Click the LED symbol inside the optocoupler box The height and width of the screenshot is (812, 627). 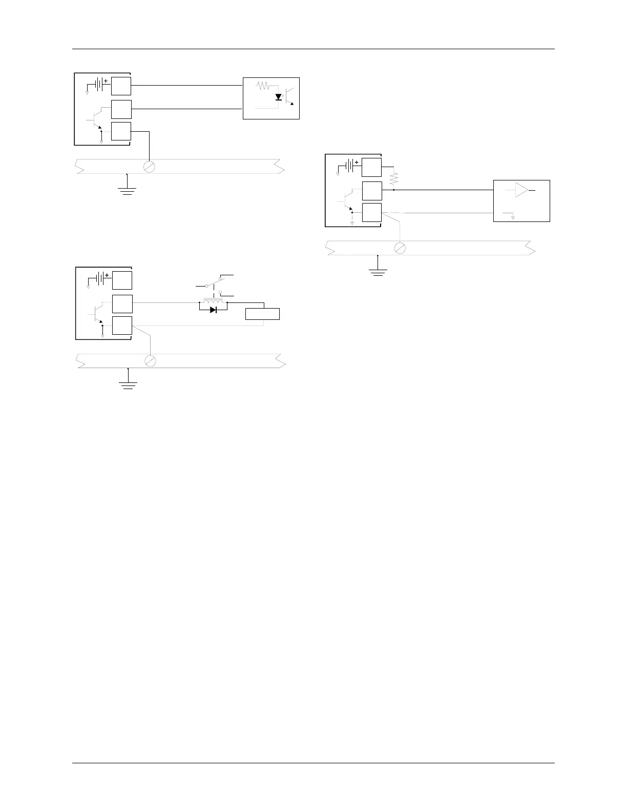point(279,97)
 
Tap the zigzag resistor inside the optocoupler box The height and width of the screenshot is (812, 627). point(262,86)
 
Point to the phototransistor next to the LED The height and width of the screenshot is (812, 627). point(290,97)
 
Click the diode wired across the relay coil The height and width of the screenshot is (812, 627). point(213,310)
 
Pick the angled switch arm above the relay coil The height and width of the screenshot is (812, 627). point(214,281)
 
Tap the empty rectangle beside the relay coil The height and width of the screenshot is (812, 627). point(262,314)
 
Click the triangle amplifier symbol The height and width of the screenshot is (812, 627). point(521,190)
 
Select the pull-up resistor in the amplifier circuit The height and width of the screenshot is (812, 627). point(394,178)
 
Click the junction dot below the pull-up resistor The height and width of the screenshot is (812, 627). point(394,190)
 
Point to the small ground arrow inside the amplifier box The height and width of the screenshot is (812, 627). point(513,217)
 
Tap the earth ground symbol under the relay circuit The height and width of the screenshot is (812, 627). point(128,383)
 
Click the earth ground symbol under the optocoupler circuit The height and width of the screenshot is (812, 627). point(127,190)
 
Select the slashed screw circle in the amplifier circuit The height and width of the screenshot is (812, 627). point(401,248)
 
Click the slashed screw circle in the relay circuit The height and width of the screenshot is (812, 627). point(150,361)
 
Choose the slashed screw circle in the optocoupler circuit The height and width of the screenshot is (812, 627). point(149,167)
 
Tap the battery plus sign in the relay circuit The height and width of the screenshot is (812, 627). point(107,275)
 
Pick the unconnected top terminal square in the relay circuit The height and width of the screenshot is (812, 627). point(122,280)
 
